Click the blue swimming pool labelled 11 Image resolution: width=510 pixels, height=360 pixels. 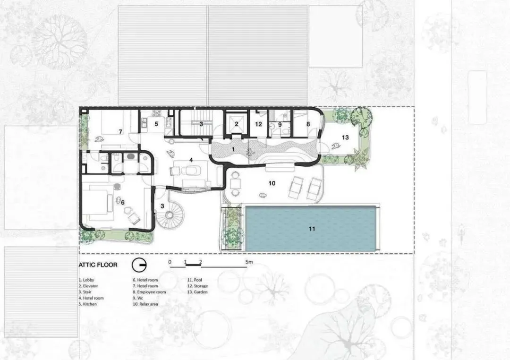click(311, 228)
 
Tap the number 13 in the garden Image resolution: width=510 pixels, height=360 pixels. click(345, 137)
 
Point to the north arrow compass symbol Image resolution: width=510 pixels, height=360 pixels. click(139, 266)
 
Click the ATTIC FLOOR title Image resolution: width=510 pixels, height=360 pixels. click(98, 265)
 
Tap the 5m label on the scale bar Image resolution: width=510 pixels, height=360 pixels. click(249, 262)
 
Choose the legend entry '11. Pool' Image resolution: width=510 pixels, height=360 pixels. click(195, 280)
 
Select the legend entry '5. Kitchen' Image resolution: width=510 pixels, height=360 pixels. click(88, 304)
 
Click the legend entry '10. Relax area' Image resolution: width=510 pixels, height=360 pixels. click(145, 304)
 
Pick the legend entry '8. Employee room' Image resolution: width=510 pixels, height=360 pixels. click(149, 292)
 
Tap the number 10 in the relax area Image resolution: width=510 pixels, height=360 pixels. click(272, 183)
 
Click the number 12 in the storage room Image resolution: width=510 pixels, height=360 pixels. click(259, 124)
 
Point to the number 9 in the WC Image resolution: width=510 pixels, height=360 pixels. click(280, 124)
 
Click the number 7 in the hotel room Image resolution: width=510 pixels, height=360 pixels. click(120, 132)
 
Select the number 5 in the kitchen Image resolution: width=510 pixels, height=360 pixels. click(156, 124)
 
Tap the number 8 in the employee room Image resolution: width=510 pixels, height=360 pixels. click(308, 124)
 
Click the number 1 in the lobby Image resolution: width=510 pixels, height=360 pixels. click(233, 150)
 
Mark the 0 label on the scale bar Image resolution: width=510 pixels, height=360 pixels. click(170, 262)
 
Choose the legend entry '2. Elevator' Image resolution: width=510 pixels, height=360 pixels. click(88, 286)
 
